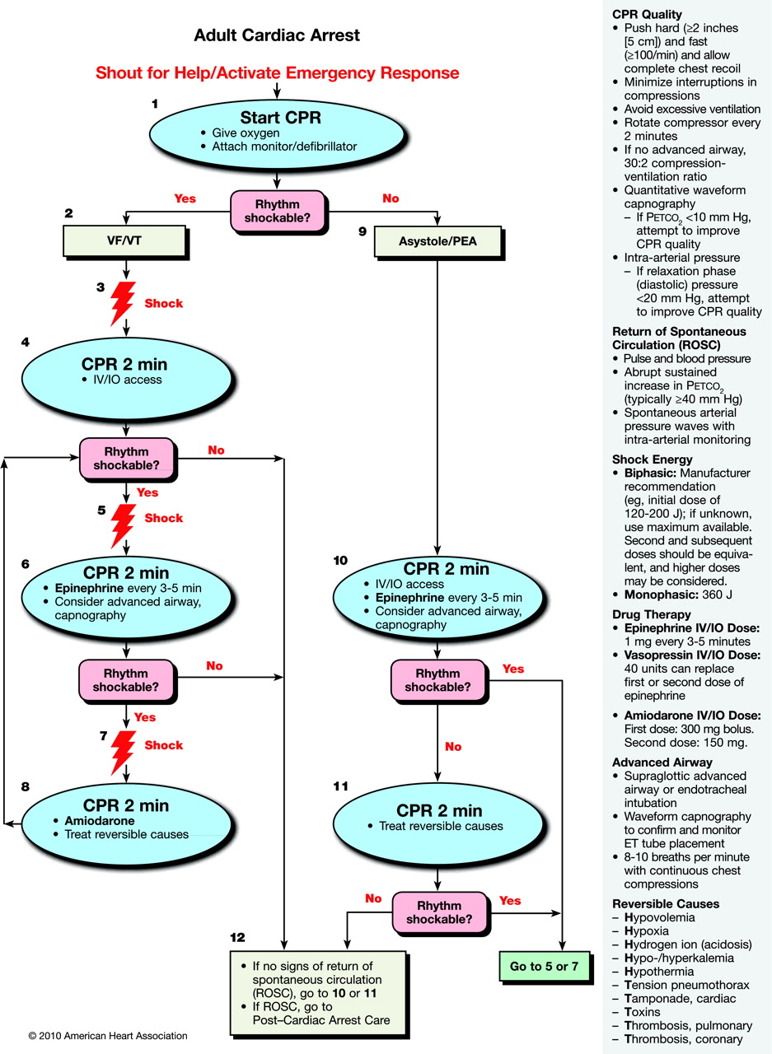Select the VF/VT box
[126, 240]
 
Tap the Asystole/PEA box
[437, 241]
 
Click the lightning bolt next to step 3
[123, 302]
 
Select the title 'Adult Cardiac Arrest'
[276, 36]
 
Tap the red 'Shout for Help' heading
[278, 72]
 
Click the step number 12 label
[238, 938]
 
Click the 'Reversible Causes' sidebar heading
[665, 902]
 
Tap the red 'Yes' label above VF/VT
[185, 198]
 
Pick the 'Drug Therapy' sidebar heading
[650, 614]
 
